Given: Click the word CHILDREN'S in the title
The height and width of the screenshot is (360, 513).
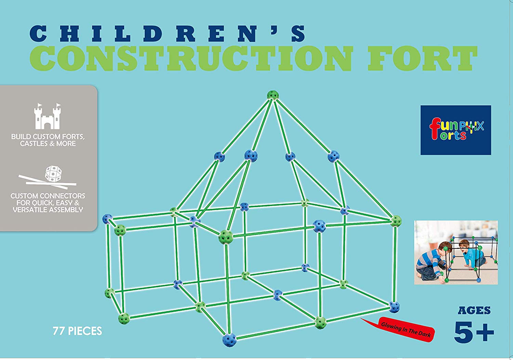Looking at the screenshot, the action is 167,34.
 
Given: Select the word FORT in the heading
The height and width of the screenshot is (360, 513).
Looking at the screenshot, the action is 422,59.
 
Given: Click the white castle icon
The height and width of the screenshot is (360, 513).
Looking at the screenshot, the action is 48,116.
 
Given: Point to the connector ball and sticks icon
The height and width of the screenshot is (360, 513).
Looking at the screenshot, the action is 48,178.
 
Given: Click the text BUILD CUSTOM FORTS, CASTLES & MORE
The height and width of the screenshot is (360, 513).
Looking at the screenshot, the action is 48,140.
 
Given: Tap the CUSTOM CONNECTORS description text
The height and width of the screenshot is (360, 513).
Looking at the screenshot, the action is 48,203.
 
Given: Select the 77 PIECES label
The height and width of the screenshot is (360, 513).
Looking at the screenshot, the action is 77,331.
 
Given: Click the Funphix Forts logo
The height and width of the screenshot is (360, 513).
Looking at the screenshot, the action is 456,130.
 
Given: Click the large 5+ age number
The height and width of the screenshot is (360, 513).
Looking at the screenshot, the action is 474,332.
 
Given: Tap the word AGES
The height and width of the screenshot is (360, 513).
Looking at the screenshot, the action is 474,311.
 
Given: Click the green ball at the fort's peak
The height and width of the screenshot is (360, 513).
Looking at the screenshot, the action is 273,95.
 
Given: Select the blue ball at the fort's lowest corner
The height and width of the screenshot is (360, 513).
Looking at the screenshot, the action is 229,340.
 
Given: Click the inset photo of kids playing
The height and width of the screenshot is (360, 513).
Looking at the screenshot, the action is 456,252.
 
